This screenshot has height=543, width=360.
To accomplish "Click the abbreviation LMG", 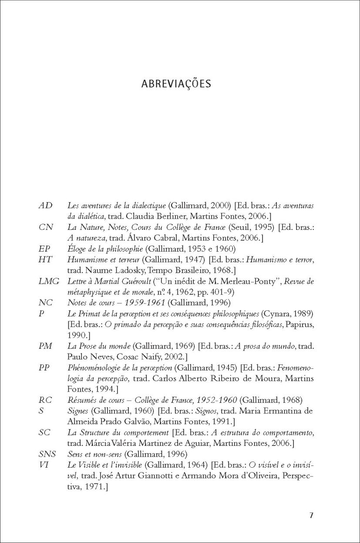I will [x=49, y=281].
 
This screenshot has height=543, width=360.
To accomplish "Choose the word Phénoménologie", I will [x=91, y=367].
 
